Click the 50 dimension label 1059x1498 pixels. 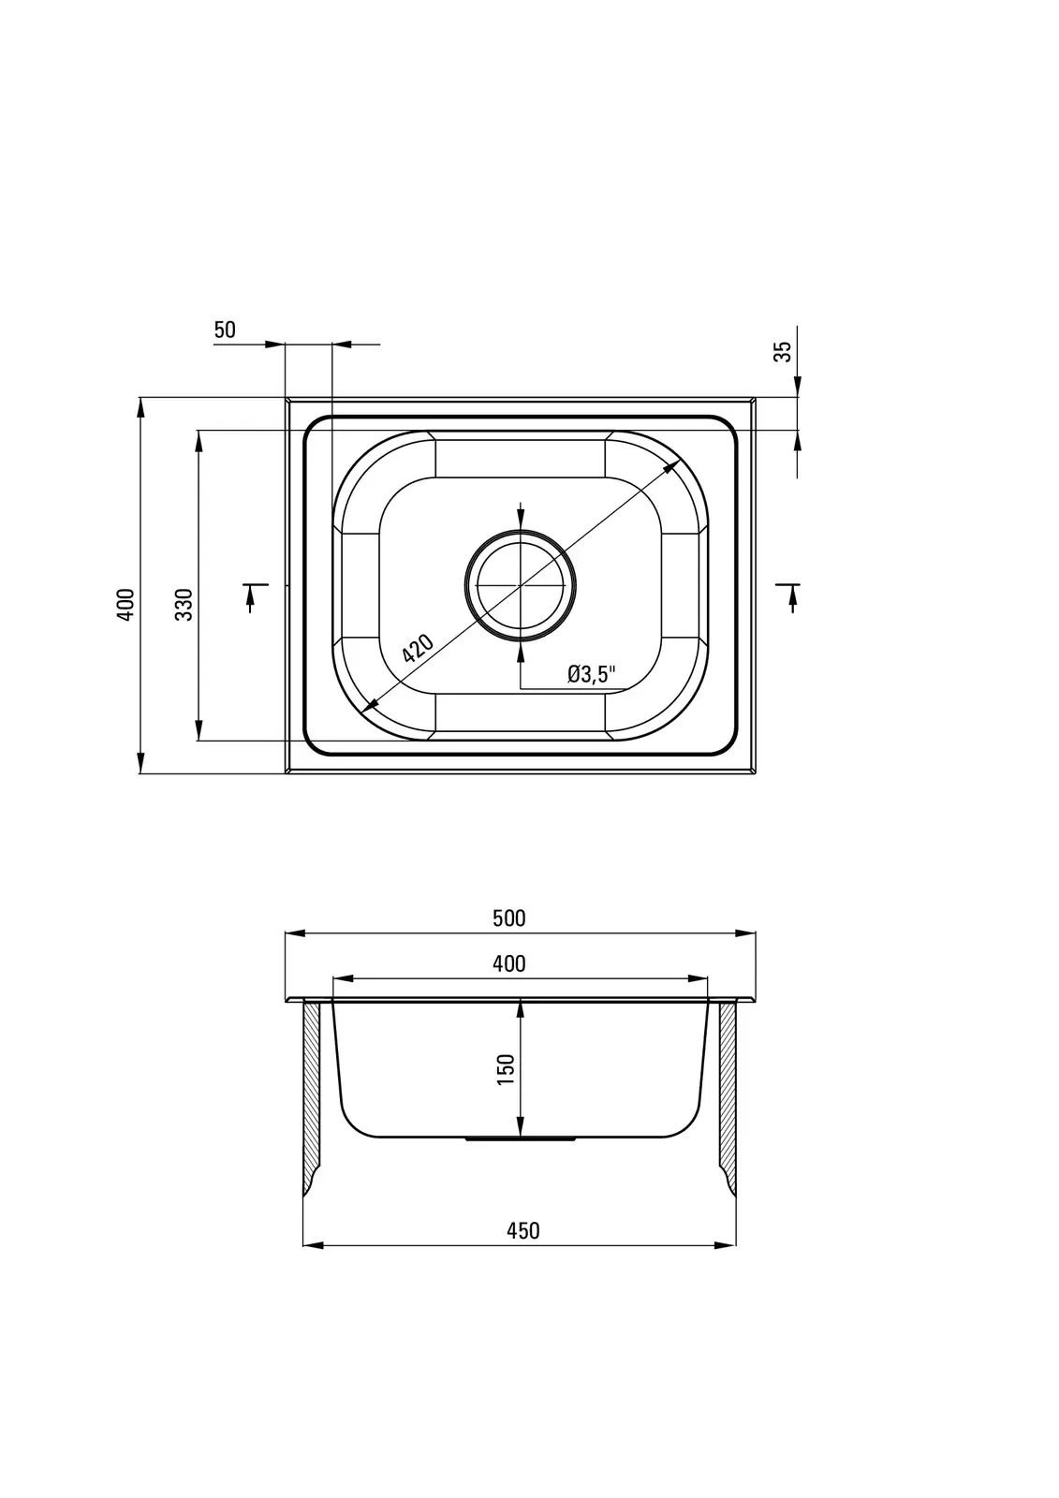225,330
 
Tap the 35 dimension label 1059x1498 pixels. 782,352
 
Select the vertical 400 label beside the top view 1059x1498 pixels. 125,604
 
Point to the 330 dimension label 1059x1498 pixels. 184,604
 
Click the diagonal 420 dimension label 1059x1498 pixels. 419,647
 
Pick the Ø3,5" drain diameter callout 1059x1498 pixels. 591,674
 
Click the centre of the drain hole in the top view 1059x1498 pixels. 521,585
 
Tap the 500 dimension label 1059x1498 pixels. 509,918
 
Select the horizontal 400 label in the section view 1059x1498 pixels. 509,963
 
